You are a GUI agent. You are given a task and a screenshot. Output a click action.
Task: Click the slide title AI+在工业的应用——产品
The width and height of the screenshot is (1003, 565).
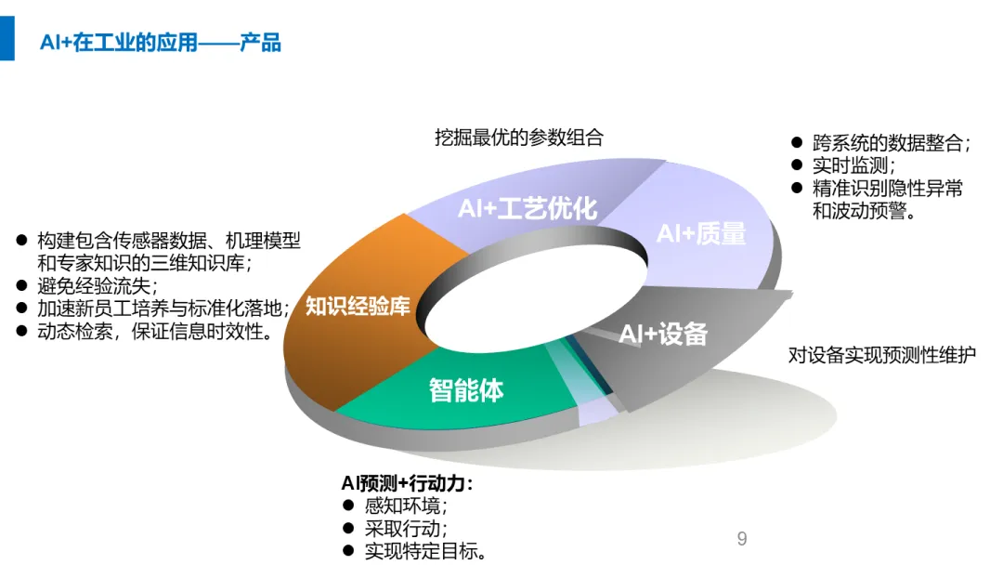160,43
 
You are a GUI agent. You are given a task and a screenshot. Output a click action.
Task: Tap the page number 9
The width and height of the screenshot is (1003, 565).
741,539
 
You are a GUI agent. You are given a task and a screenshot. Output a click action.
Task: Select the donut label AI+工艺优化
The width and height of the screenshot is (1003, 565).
527,207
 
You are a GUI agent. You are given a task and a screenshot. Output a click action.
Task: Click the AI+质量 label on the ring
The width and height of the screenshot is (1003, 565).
701,233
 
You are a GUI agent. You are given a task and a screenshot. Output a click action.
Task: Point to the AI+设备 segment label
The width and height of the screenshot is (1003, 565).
663,334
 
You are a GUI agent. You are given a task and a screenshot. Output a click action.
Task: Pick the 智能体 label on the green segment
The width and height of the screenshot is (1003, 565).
465,389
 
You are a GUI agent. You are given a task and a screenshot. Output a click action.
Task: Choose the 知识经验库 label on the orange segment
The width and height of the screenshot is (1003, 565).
358,306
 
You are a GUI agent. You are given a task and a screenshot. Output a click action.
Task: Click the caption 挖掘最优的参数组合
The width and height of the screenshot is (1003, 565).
519,138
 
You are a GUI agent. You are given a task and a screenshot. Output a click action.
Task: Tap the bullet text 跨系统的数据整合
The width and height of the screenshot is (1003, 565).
891,144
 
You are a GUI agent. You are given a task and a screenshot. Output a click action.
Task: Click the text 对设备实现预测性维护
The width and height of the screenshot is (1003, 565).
882,355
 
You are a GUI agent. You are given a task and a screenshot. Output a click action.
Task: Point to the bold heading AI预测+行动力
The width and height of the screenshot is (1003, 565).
407,483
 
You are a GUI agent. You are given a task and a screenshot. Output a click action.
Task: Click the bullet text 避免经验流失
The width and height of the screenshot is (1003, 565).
98,285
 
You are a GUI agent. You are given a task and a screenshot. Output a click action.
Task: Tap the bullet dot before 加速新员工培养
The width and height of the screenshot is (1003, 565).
21,308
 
